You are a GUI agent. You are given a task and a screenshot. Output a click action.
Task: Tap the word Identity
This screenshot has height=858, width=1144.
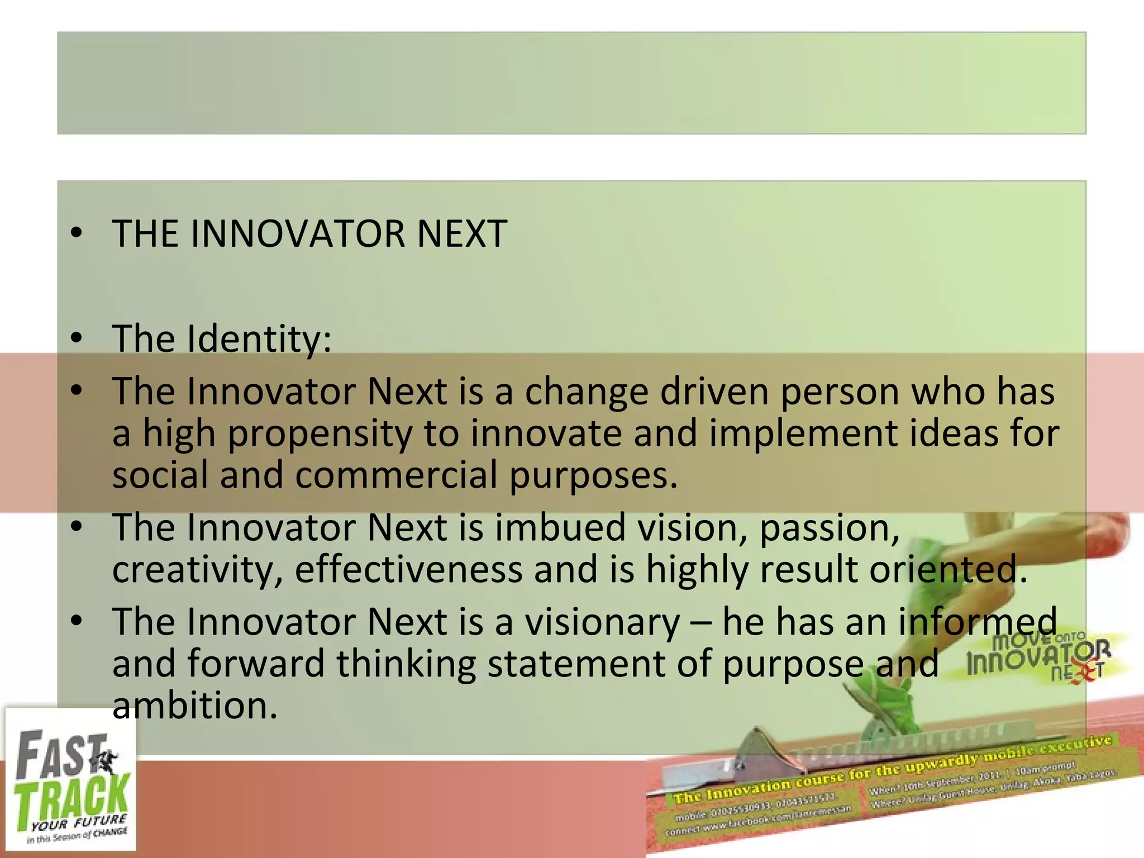pyautogui.click(x=259, y=339)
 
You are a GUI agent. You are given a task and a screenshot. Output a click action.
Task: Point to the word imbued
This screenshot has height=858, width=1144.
pyautogui.click(x=560, y=527)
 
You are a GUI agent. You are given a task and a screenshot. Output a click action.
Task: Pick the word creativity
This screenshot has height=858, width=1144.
pyautogui.click(x=197, y=570)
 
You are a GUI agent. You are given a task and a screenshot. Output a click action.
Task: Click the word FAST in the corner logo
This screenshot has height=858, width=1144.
pyautogui.click(x=61, y=754)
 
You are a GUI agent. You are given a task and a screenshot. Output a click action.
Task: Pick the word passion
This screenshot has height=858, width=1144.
pyautogui.click(x=830, y=527)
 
